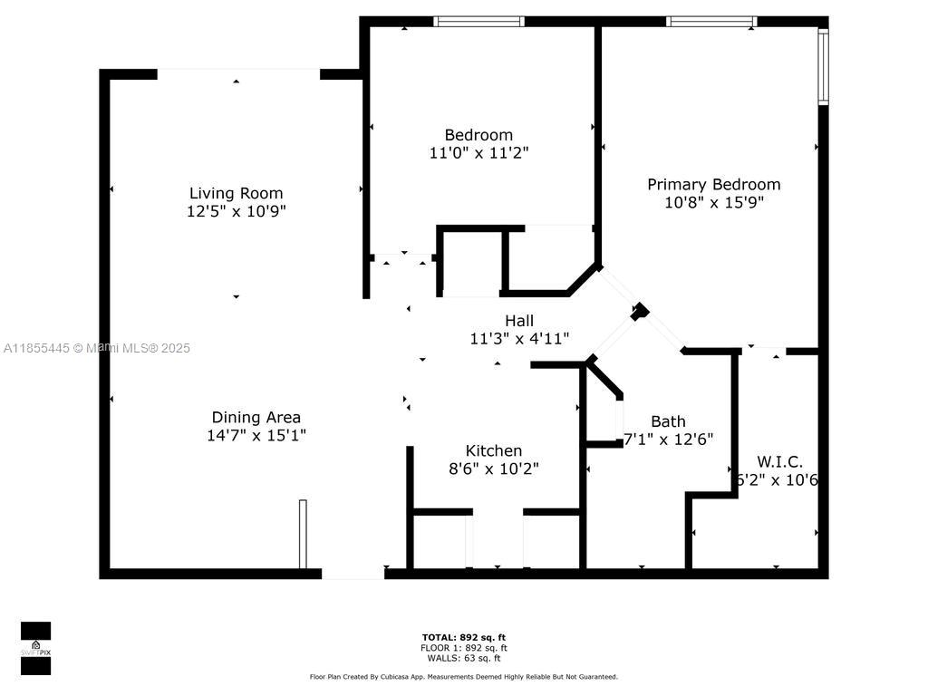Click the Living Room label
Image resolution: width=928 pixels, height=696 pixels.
(x=236, y=193)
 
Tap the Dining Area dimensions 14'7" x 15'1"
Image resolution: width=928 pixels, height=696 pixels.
(x=256, y=435)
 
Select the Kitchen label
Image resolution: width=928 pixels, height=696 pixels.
(x=493, y=450)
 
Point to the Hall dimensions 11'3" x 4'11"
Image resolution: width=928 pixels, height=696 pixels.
(x=519, y=338)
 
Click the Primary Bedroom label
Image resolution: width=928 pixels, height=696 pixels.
(x=713, y=184)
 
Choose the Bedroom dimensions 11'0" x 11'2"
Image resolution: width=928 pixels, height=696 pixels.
(x=478, y=153)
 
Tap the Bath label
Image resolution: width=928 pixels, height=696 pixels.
(x=668, y=421)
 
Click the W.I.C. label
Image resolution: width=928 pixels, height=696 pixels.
(x=779, y=462)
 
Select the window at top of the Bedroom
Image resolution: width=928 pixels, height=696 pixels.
(x=478, y=21)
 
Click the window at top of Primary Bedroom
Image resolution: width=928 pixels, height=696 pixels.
(x=711, y=21)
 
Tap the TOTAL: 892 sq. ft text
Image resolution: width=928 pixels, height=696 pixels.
(x=464, y=637)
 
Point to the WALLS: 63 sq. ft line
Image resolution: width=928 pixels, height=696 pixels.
(x=464, y=658)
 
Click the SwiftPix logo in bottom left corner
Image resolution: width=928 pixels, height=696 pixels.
(x=35, y=648)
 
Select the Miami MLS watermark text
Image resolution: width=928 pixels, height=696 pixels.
(x=97, y=348)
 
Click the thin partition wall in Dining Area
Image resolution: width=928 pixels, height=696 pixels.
(x=303, y=534)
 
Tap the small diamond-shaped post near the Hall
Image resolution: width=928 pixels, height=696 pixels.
(x=640, y=311)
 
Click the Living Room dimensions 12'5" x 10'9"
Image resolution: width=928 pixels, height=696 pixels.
(x=236, y=211)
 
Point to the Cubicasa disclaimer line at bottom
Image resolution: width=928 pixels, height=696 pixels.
(x=464, y=677)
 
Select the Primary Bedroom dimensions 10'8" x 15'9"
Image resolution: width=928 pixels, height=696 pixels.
(x=713, y=202)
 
